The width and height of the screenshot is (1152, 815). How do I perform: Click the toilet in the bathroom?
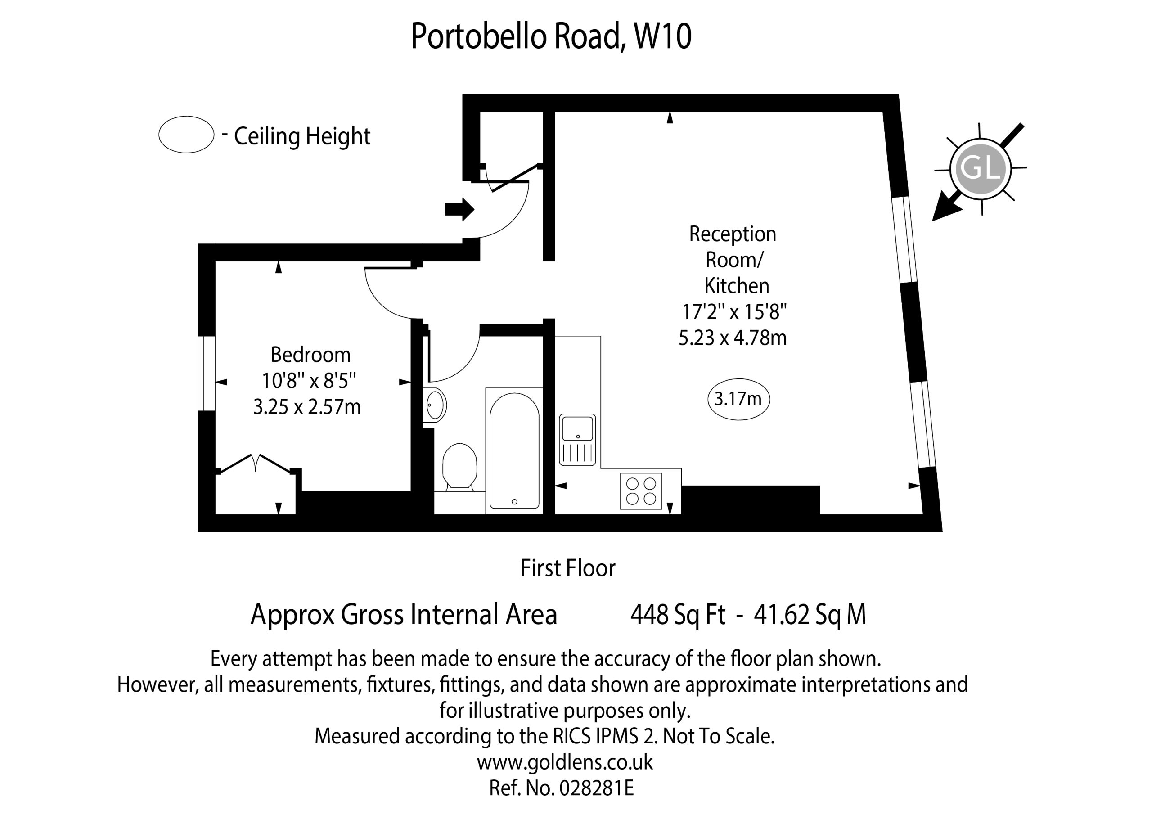click(459, 466)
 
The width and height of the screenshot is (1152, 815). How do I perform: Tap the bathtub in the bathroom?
click(514, 450)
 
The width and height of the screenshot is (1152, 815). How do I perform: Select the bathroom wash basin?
click(435, 405)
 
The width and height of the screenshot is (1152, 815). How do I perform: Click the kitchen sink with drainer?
click(577, 440)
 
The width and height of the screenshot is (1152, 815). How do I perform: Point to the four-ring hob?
click(641, 491)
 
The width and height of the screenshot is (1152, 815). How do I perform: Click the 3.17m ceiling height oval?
click(738, 399)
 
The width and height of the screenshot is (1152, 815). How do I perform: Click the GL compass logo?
click(981, 167)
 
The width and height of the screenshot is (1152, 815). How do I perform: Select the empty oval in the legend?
click(187, 135)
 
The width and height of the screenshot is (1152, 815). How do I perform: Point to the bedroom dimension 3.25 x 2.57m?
click(307, 406)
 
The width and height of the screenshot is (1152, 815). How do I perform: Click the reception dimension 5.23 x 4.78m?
click(733, 338)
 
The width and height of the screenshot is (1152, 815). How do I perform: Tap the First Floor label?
click(567, 568)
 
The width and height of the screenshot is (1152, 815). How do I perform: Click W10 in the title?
click(663, 36)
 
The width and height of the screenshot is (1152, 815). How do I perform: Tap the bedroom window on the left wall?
click(207, 374)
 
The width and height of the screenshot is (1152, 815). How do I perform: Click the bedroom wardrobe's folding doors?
click(256, 463)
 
